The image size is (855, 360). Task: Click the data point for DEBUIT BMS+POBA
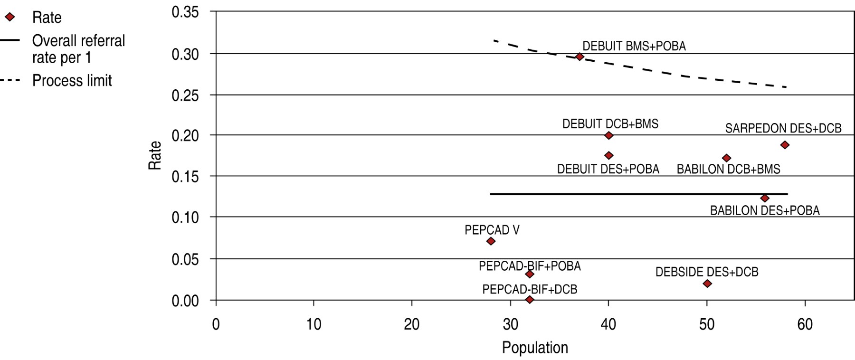579,57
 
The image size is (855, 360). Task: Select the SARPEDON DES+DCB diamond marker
785,145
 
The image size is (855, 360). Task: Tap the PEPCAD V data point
491,241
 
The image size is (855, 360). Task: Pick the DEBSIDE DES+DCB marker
707,284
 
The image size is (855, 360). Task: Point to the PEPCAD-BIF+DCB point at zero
530,300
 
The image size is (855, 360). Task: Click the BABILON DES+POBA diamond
765,198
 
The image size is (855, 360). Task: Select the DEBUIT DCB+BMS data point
609,135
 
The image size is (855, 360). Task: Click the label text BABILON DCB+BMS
728,169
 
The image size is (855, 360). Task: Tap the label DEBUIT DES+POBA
608,169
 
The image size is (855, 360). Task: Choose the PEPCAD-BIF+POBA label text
530,266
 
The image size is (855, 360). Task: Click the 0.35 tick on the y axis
185,12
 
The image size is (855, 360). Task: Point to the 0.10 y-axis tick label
185,218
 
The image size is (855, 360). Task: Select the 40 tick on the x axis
608,324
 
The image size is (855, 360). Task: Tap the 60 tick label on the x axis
805,324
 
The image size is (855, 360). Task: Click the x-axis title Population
535,348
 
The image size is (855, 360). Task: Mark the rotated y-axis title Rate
155,155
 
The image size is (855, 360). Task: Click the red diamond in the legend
10,18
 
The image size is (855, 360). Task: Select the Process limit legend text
72,81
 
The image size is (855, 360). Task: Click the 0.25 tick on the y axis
185,95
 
